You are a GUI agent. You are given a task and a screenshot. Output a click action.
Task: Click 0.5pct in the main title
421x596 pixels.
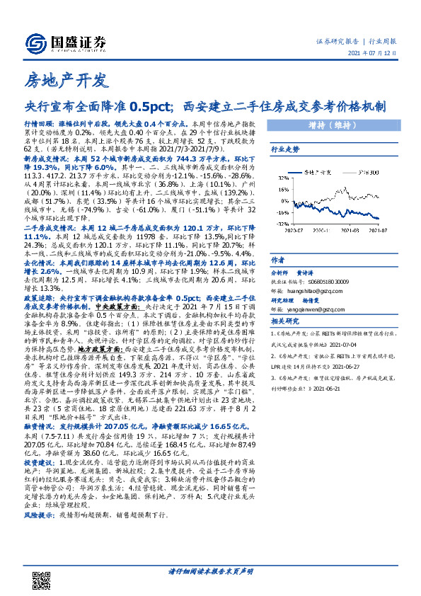150,107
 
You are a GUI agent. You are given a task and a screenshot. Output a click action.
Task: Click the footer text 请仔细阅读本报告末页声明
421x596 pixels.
210,571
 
